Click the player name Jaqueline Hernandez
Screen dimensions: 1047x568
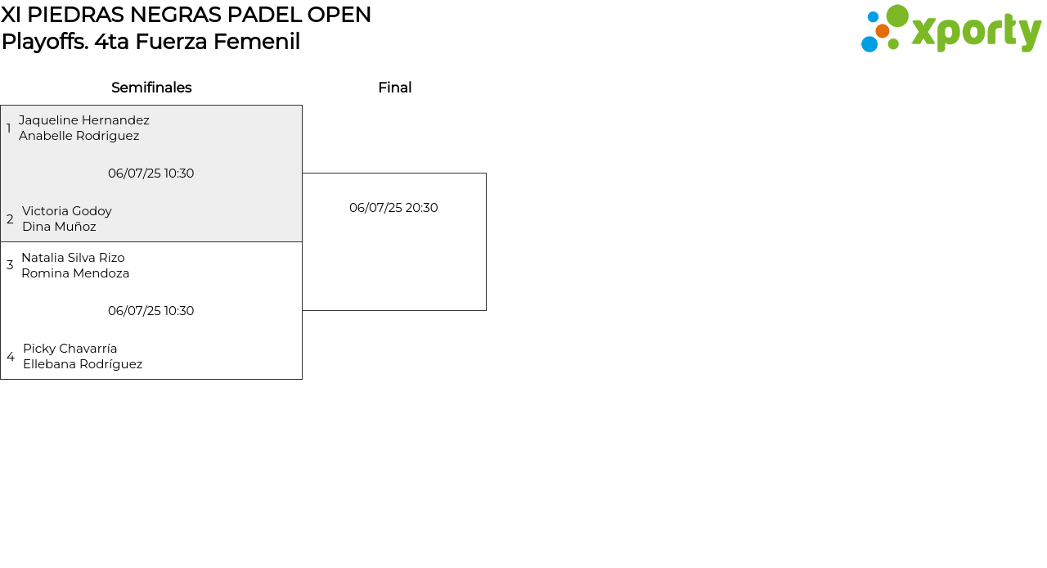[x=84, y=120]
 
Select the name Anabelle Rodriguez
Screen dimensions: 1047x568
[x=79, y=136]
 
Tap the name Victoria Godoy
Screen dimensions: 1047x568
[x=67, y=211]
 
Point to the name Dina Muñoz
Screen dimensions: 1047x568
[x=59, y=227]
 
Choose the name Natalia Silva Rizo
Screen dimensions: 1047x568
[x=73, y=258]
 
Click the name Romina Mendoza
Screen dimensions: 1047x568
[x=75, y=273]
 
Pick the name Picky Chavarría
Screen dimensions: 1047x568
[x=70, y=349]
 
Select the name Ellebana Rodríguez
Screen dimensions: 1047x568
[x=83, y=364]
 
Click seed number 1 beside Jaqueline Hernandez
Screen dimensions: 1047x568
[x=8, y=128]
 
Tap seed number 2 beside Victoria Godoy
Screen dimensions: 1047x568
[x=10, y=219]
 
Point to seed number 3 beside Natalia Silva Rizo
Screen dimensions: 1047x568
[x=10, y=265]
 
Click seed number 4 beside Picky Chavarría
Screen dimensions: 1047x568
[x=11, y=357]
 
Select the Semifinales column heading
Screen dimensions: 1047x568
[x=151, y=88]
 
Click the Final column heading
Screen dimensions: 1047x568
[x=395, y=88]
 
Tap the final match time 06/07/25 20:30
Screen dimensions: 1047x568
[x=393, y=208]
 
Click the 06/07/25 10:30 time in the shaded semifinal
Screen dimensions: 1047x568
[x=151, y=174]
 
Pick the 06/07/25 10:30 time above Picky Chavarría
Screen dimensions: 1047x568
[x=151, y=311]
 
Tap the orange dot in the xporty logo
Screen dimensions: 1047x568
[x=883, y=31]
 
